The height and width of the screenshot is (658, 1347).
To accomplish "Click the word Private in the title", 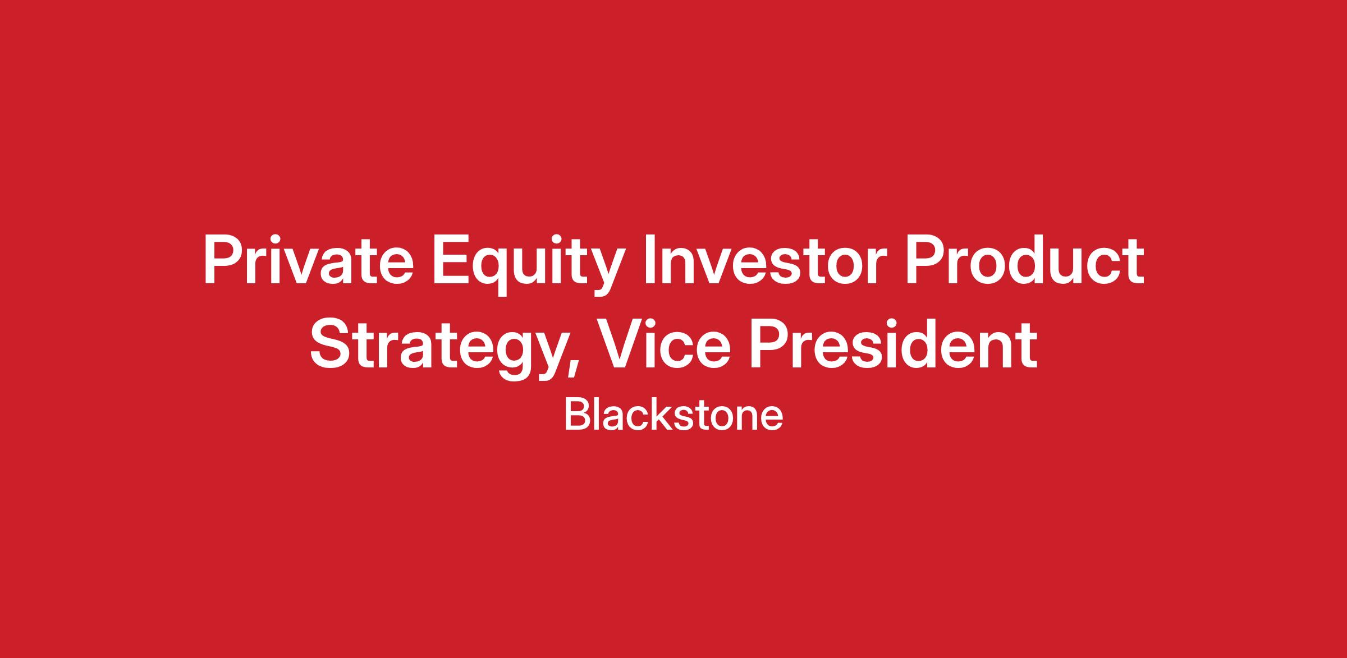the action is click(308, 262).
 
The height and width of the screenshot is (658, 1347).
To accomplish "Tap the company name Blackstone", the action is click(673, 416).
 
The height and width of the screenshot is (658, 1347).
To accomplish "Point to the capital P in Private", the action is click(224, 262).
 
